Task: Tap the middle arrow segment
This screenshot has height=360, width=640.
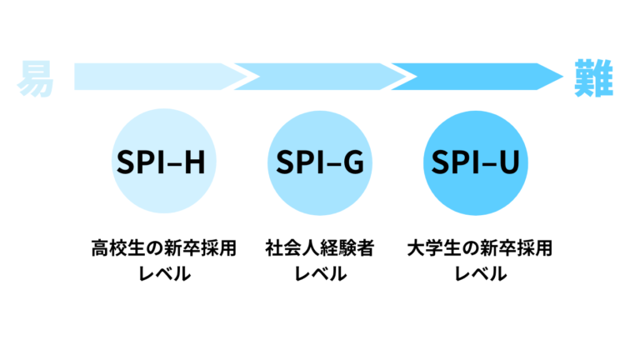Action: [x=321, y=77]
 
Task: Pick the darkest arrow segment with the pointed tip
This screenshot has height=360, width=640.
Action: [x=475, y=77]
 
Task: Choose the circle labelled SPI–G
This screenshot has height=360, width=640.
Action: [x=321, y=163]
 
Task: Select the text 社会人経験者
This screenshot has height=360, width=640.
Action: [x=321, y=248]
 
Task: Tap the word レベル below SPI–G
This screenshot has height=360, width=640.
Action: [x=321, y=274]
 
